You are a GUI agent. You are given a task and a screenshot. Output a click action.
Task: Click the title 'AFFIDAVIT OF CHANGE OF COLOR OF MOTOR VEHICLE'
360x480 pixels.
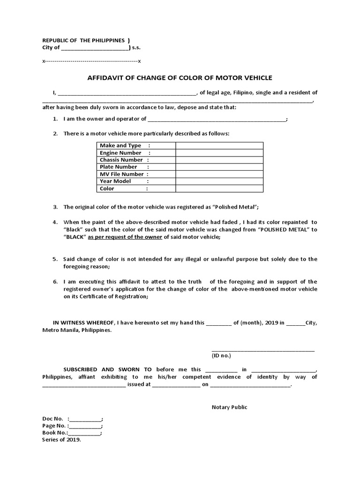(180, 78)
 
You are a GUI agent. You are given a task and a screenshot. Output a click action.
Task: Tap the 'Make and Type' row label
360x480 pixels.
(120, 146)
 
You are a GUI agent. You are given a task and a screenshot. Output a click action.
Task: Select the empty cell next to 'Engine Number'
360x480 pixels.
(219, 153)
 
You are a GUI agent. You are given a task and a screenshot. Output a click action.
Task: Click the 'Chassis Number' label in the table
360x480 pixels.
(121, 160)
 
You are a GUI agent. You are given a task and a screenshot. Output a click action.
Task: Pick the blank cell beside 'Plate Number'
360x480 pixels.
(219, 167)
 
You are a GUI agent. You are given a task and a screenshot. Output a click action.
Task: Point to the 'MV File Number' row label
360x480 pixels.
(121, 174)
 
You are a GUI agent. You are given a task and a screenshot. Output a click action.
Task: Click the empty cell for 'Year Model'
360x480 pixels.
(219, 181)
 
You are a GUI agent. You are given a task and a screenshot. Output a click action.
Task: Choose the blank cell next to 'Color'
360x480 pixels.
(219, 188)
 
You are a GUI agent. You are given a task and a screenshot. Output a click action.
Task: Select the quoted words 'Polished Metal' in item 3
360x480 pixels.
(237, 207)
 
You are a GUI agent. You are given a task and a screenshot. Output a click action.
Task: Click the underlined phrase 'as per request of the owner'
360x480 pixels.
(125, 237)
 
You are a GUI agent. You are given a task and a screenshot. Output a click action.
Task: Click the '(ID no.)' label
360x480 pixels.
(221, 356)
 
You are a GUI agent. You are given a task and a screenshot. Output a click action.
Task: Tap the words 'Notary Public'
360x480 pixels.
(229, 407)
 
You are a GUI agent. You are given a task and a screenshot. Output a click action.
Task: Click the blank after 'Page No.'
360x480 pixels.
(85, 426)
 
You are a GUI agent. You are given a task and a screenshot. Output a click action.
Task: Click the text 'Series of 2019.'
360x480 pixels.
(61, 440)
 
